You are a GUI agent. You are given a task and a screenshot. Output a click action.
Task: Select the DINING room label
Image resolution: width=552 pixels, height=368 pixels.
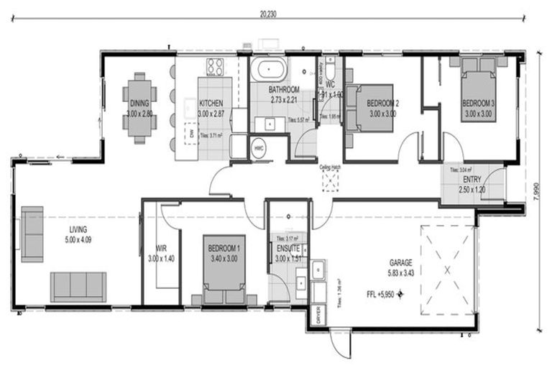click(x=139, y=103)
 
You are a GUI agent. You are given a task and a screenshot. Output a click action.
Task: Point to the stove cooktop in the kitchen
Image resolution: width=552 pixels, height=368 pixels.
click(x=216, y=67)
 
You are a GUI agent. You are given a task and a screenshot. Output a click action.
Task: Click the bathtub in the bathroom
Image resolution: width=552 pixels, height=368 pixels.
click(x=269, y=71)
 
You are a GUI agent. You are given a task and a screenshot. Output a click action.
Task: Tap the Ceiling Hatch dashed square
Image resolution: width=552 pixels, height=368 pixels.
click(x=330, y=181)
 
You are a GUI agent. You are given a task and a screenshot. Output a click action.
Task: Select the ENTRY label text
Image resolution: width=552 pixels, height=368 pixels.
click(x=473, y=179)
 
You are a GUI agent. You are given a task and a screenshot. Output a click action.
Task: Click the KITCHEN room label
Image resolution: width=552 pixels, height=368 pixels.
click(x=211, y=103)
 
